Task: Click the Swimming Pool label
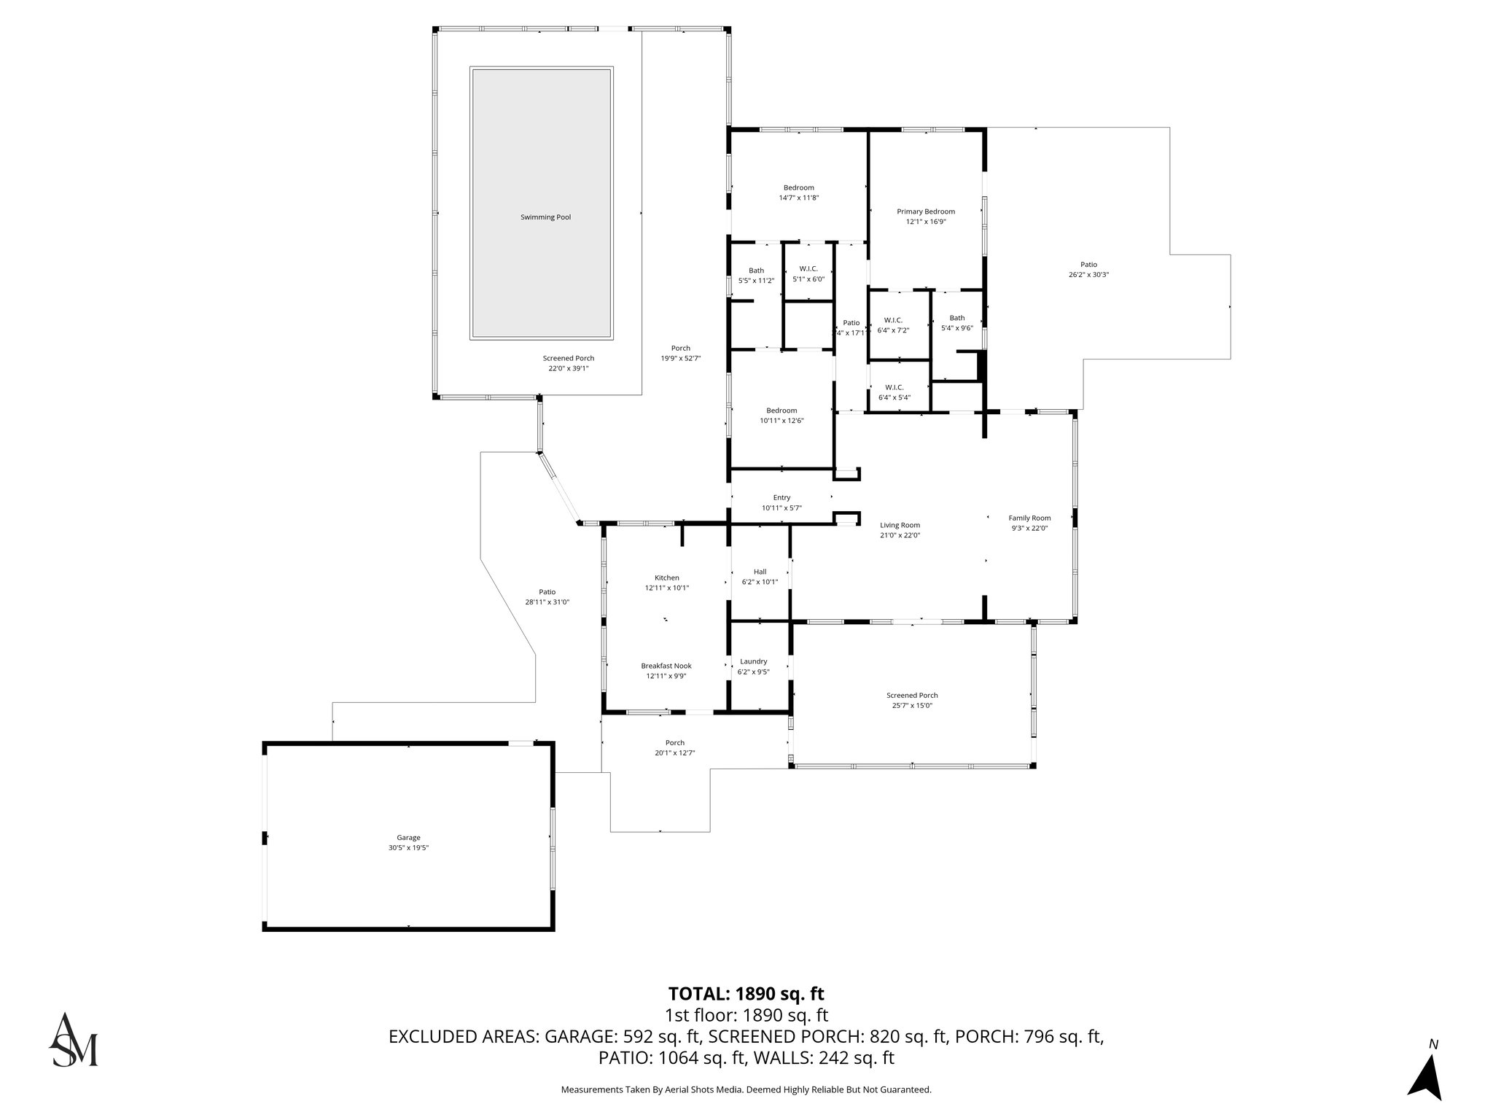[545, 217]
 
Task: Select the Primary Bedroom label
[925, 211]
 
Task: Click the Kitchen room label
[666, 577]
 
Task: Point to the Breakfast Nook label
[666, 666]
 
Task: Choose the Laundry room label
[753, 661]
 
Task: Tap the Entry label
[781, 497]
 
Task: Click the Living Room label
[900, 525]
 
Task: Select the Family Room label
[1029, 518]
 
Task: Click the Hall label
[760, 572]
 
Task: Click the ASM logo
[73, 1040]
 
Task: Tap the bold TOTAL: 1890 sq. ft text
[746, 993]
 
